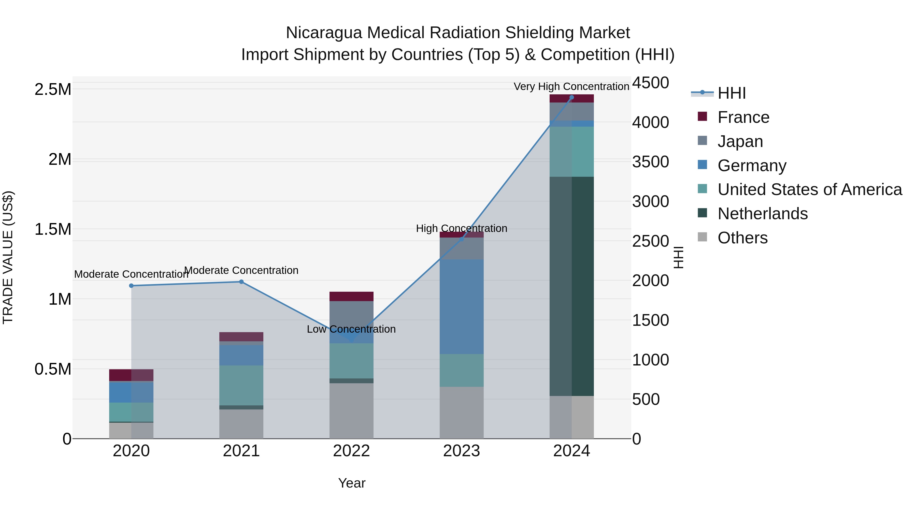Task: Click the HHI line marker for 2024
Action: (571, 97)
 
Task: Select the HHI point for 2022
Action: (351, 340)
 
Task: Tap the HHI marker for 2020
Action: (131, 286)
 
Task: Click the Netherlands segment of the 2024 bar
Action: (571, 286)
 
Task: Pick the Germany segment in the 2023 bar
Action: (462, 306)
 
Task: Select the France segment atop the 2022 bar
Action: (351, 297)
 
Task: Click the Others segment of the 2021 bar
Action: (241, 424)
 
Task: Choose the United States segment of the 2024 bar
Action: (571, 152)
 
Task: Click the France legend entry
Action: (743, 117)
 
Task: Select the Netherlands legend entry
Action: (762, 214)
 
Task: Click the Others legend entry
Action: (742, 238)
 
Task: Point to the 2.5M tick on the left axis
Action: (53, 89)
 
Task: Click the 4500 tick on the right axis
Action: (650, 83)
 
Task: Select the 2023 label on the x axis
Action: (461, 451)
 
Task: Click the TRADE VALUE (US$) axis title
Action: (8, 257)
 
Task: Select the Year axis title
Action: (351, 483)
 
